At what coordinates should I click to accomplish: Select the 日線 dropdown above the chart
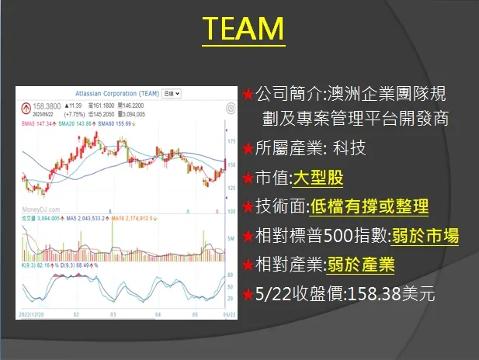click(172, 93)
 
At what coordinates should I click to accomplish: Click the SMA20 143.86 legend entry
click(80, 123)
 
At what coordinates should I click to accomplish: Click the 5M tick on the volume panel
click(231, 237)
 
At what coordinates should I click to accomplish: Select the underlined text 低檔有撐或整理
click(369, 207)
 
